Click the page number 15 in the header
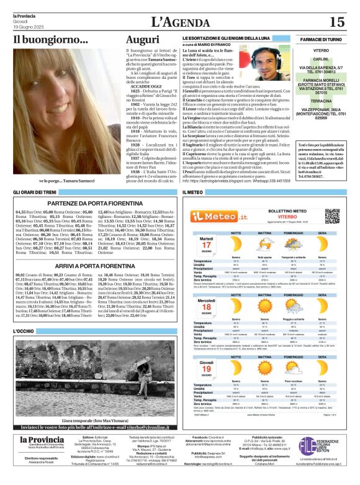coord(336,22)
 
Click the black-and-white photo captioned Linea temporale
coord(94,366)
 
